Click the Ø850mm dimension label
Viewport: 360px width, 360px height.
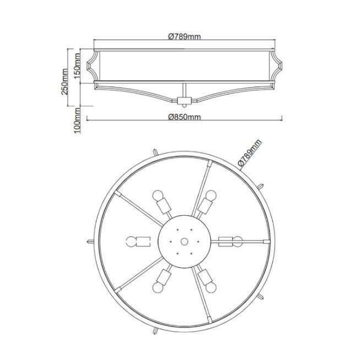[184, 117]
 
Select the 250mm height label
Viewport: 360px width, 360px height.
[64, 81]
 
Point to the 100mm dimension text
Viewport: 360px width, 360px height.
[77, 121]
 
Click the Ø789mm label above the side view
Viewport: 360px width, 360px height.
[184, 36]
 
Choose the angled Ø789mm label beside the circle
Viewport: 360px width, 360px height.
[249, 152]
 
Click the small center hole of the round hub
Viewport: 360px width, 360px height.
[184, 242]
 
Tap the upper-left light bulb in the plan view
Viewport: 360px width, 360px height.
[158, 195]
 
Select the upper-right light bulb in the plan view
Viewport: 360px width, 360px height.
[211, 195]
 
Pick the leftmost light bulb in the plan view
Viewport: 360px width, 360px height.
[132, 242]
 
